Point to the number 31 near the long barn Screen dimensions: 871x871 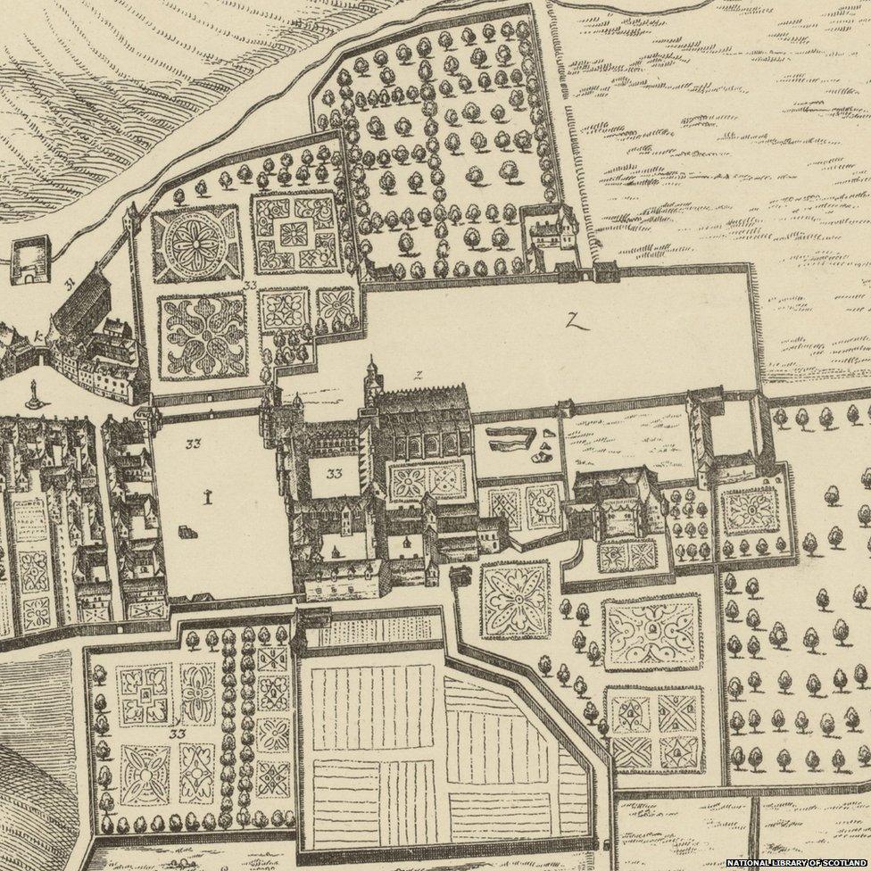(68, 285)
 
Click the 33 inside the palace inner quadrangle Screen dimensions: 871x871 (335, 474)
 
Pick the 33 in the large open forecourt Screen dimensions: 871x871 (194, 443)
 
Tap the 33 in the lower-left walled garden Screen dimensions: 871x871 (178, 734)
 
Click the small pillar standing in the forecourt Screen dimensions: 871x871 (207, 498)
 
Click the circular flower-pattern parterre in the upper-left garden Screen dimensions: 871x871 (195, 244)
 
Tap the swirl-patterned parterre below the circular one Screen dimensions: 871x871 (203, 335)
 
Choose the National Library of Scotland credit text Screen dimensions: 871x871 (796, 863)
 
